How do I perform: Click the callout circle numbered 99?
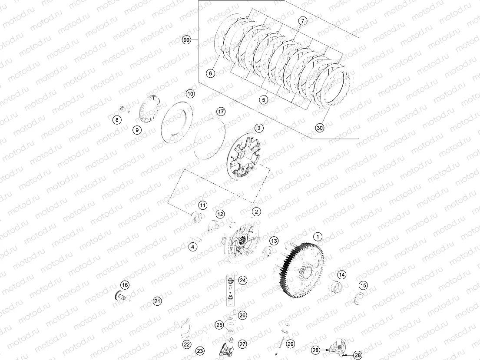coord(187,40)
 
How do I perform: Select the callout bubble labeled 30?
coord(320,128)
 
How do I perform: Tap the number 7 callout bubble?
coord(302,21)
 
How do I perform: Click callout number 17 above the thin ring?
coord(221,112)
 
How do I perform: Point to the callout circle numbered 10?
coord(190,94)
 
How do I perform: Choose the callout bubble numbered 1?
coord(318,237)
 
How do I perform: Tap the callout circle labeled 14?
coord(342,275)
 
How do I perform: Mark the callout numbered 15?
coord(363,285)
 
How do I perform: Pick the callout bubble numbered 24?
coord(242,281)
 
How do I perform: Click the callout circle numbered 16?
coord(125,285)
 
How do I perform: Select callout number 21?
coord(157,301)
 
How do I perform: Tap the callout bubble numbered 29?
coord(290,344)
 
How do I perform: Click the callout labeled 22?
coord(187,344)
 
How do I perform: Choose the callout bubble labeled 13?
coord(274,241)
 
